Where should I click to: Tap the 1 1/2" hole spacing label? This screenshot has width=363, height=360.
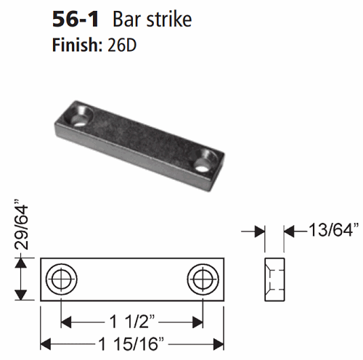131,319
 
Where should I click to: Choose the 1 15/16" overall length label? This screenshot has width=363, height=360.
131,341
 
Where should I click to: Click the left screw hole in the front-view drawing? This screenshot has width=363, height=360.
60,278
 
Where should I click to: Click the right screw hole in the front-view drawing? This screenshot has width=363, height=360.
201,278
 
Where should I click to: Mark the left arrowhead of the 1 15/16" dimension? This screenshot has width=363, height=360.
45,341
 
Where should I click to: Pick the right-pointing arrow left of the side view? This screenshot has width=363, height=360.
256,231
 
